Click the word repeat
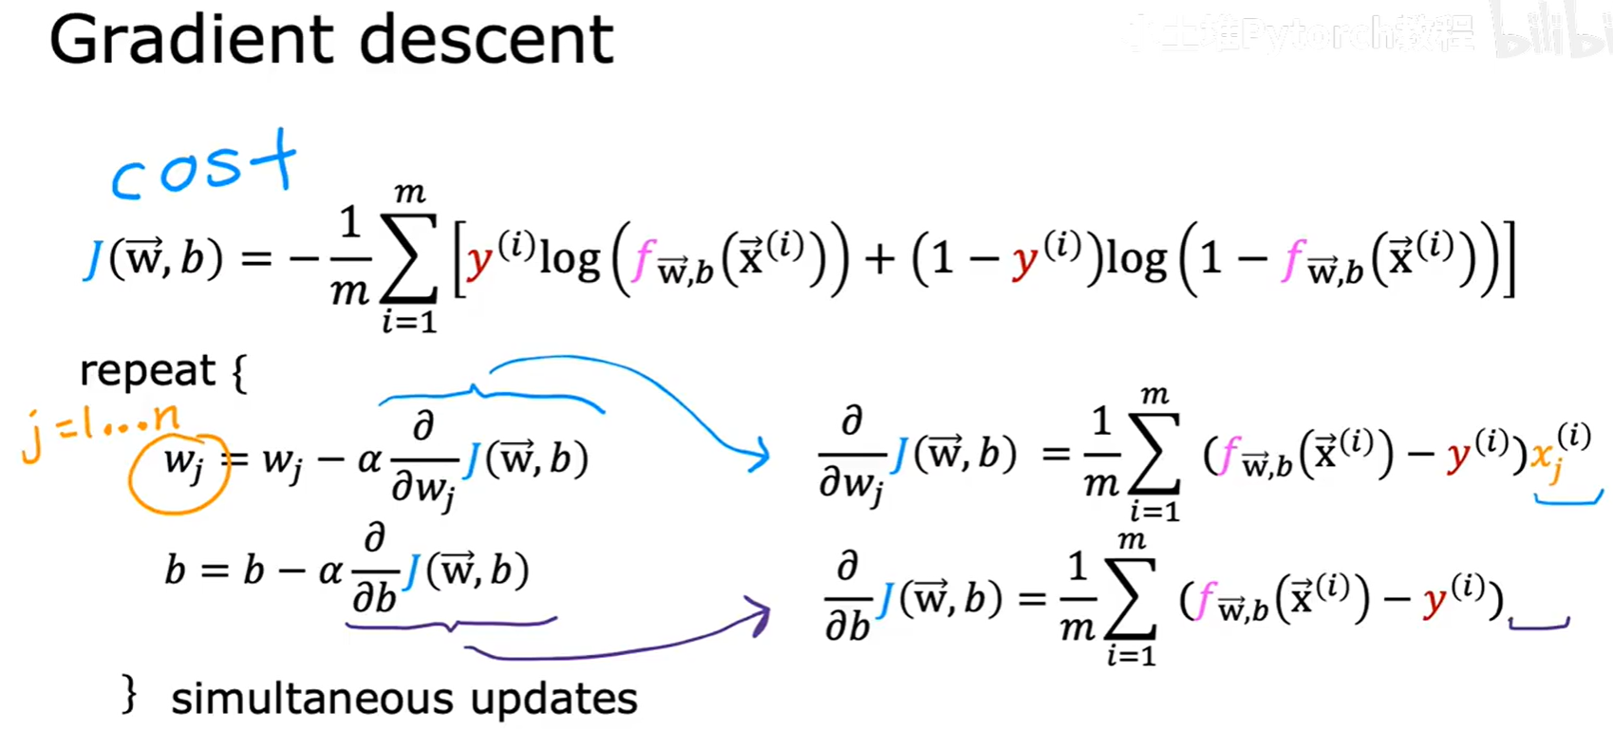[x=147, y=371]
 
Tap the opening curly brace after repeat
[x=240, y=372]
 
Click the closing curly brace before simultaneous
[x=131, y=694]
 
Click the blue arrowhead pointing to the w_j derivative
[x=758, y=455]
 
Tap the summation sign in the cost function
[x=409, y=259]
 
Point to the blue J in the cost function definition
[x=93, y=259]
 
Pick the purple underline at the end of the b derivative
[x=1539, y=624]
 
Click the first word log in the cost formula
[x=570, y=259]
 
